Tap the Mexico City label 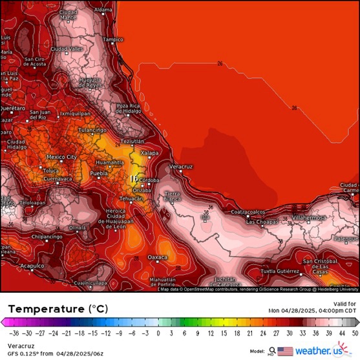point(62,157)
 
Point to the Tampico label point(113,39)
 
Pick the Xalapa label point(149,153)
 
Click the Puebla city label point(98,174)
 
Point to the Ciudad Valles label point(67,49)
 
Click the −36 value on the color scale point(14,334)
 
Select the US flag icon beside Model point(285,351)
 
